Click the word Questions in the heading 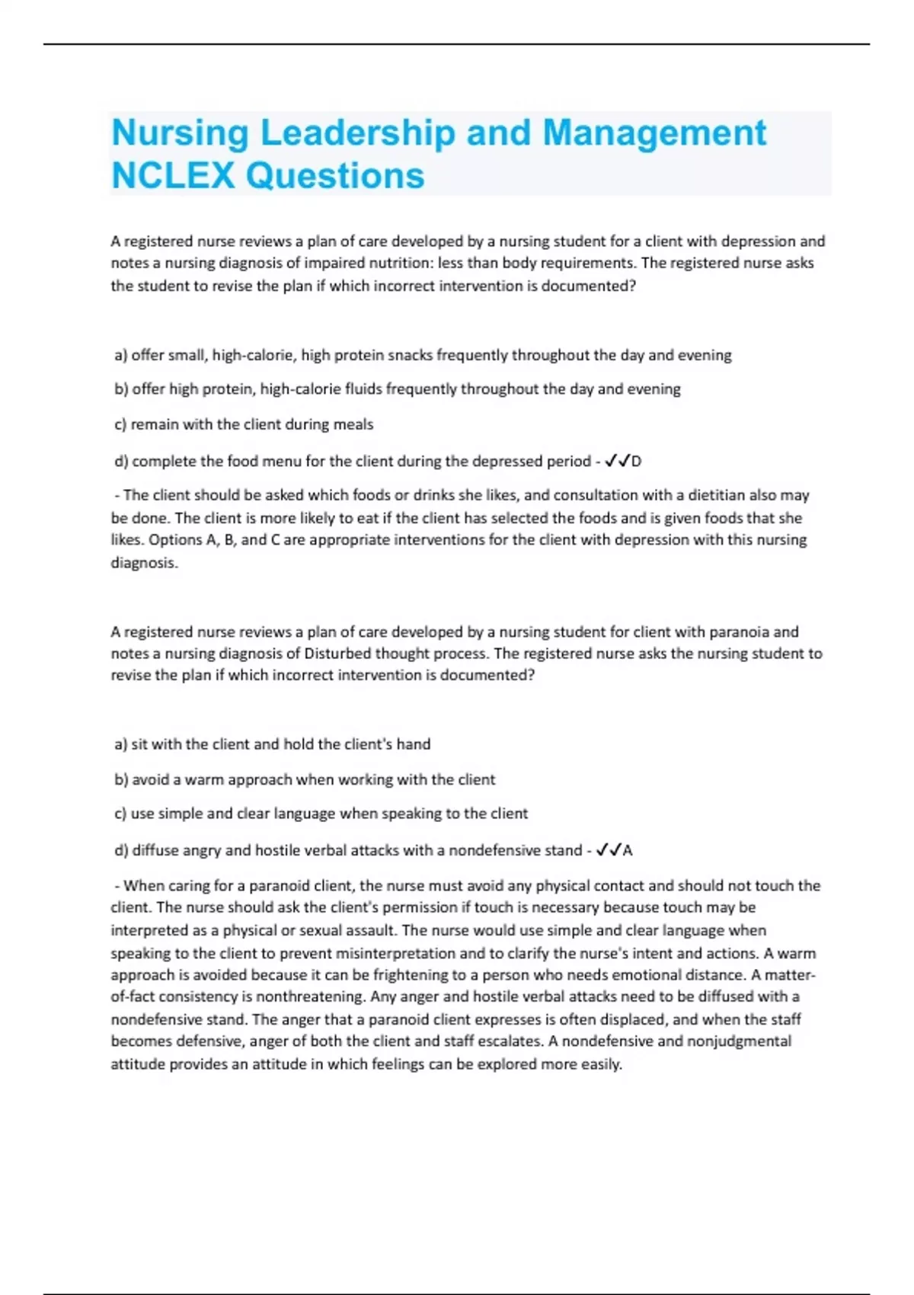(335, 176)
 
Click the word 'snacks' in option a (411, 355)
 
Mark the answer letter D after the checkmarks (637, 462)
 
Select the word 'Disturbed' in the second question (337, 654)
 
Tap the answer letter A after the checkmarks (628, 851)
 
